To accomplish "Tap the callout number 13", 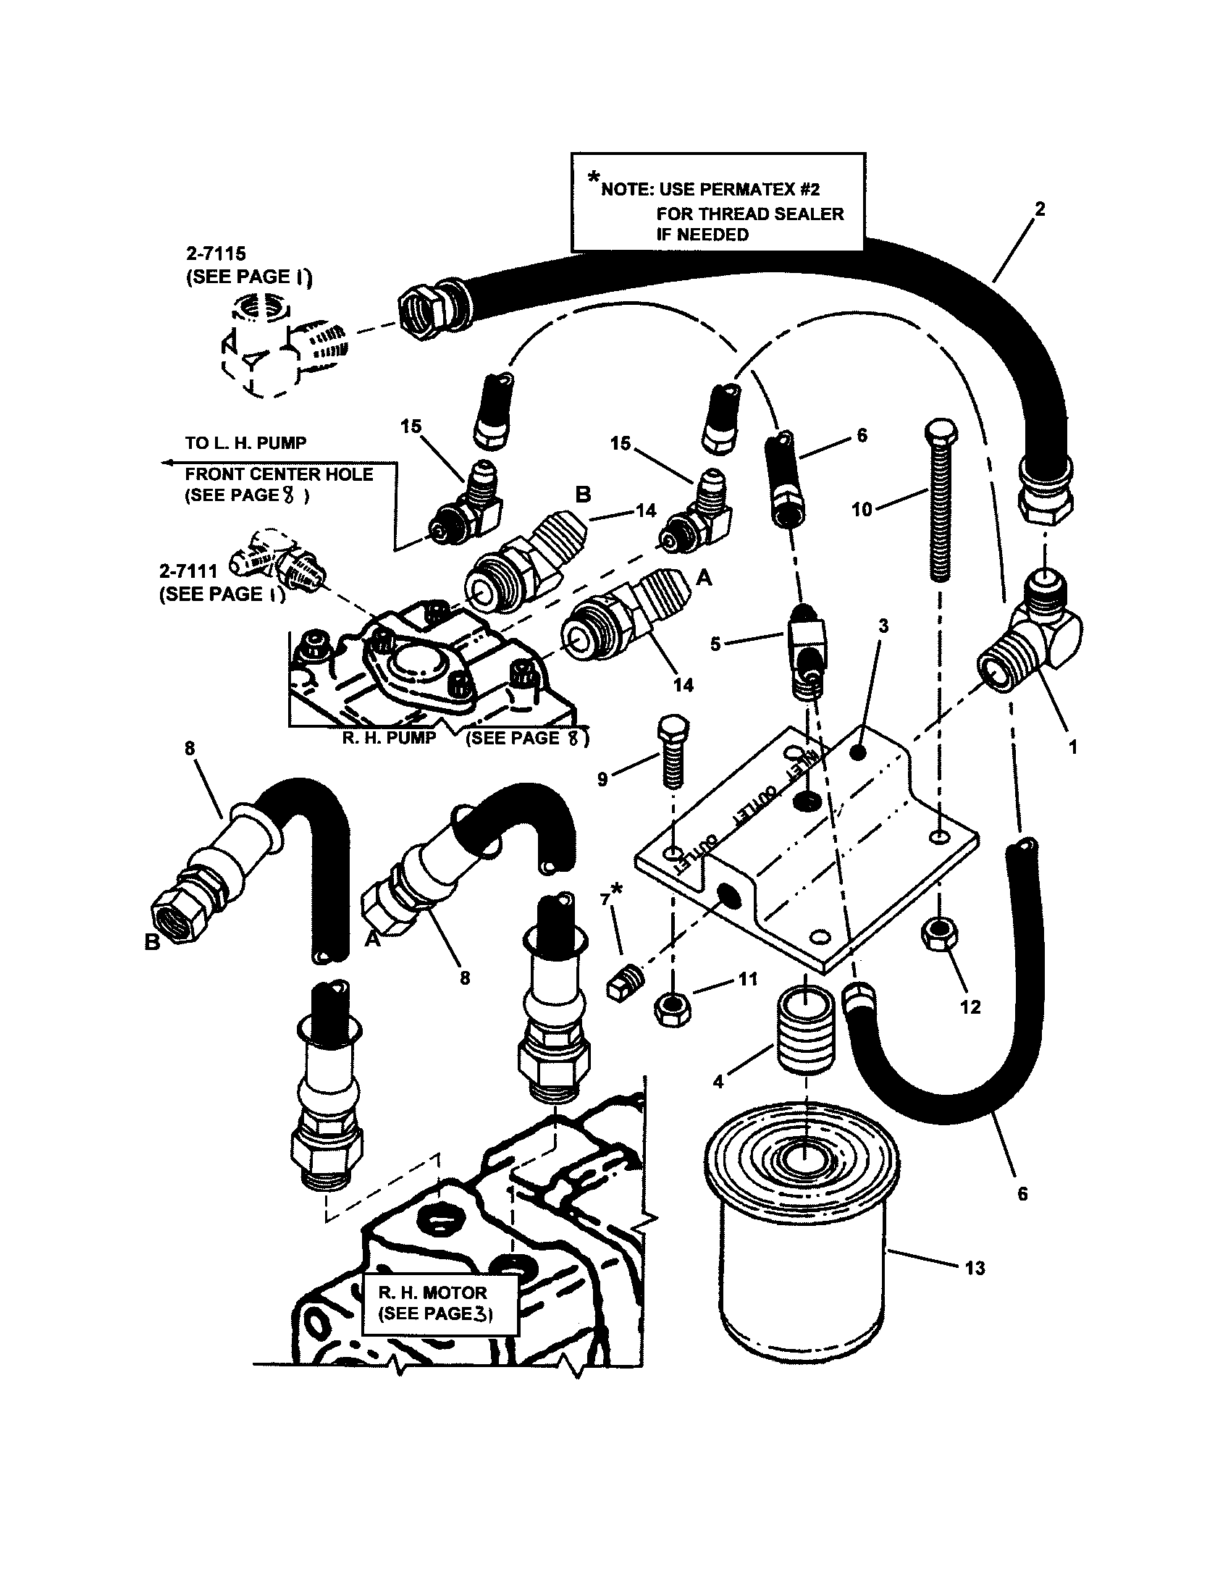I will pyautogui.click(x=975, y=1269).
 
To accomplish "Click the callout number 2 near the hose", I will pyautogui.click(x=1040, y=209).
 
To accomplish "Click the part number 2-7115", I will pyautogui.click(x=216, y=254).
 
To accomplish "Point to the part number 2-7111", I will pyautogui.click(x=188, y=571).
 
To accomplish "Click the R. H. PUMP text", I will pyautogui.click(x=389, y=737).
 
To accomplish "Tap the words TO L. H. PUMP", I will pyautogui.click(x=245, y=442).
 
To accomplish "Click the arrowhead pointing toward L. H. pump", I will pyautogui.click(x=167, y=463).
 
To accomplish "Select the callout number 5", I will pyautogui.click(x=715, y=644).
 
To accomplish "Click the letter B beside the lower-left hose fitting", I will pyautogui.click(x=151, y=942).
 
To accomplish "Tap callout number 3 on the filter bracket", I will pyautogui.click(x=883, y=626).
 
